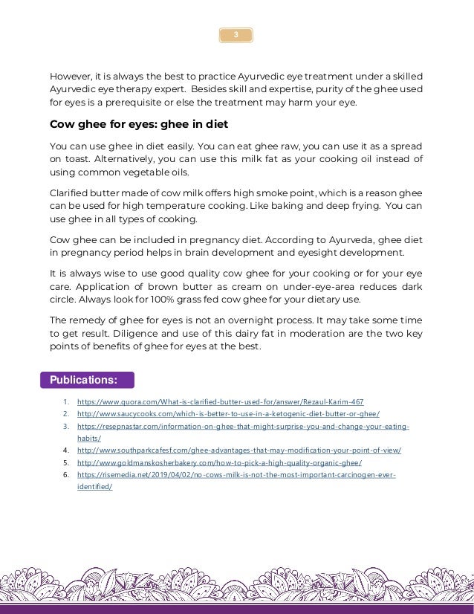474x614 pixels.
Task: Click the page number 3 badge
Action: [236, 35]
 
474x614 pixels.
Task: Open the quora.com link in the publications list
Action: [220, 402]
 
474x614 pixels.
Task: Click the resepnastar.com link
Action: [243, 427]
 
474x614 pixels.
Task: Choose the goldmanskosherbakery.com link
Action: [219, 462]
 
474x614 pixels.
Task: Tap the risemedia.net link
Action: [236, 474]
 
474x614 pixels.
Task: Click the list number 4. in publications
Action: [65, 450]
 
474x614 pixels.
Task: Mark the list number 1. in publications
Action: [65, 402]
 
